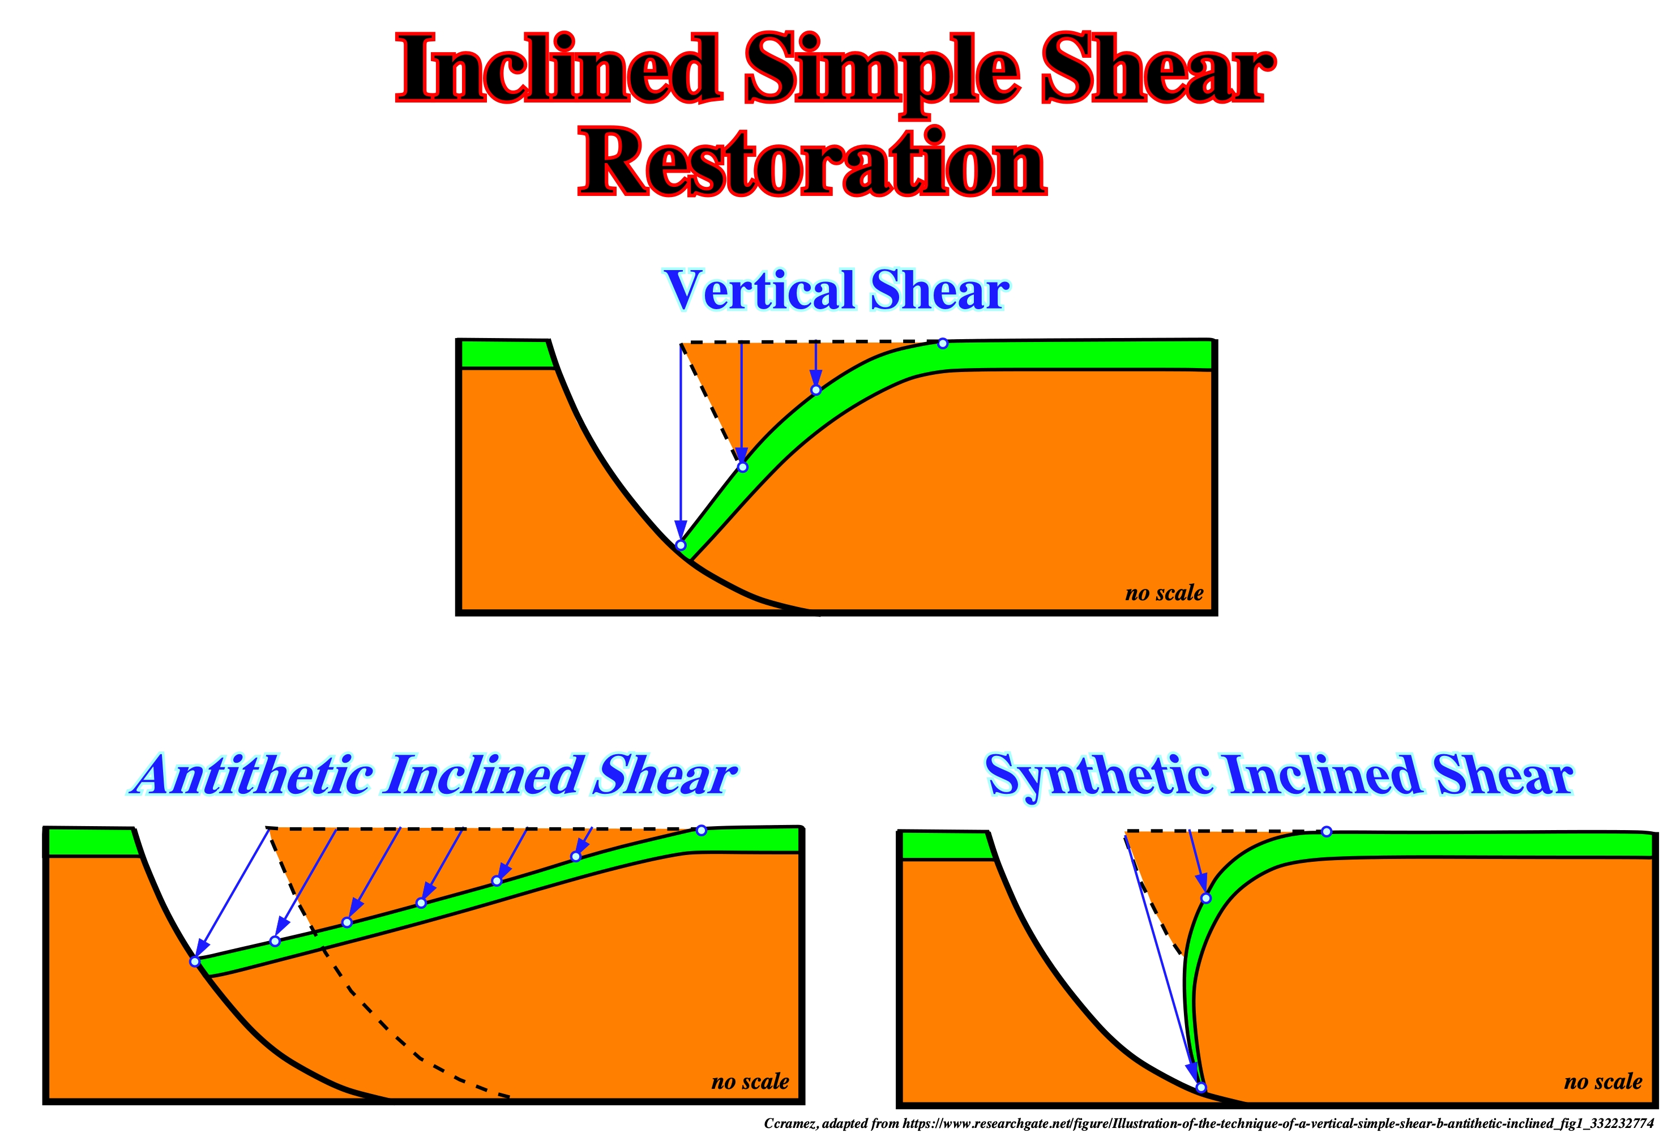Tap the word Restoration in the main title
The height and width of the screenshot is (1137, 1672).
click(813, 163)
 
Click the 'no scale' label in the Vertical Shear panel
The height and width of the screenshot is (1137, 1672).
click(1164, 593)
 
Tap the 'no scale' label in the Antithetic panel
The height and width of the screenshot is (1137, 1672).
click(750, 1082)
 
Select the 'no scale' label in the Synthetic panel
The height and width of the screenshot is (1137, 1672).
click(1603, 1082)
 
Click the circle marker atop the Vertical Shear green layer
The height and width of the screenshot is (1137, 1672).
click(943, 344)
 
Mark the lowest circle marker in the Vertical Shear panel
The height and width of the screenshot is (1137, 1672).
click(681, 545)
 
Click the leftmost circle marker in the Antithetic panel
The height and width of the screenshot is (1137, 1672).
click(194, 961)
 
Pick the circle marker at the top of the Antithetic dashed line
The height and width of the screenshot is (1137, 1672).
click(702, 831)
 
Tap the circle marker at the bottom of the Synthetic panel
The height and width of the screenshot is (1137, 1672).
click(1201, 1087)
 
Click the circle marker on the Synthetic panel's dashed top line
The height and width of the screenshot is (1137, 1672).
click(1327, 832)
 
